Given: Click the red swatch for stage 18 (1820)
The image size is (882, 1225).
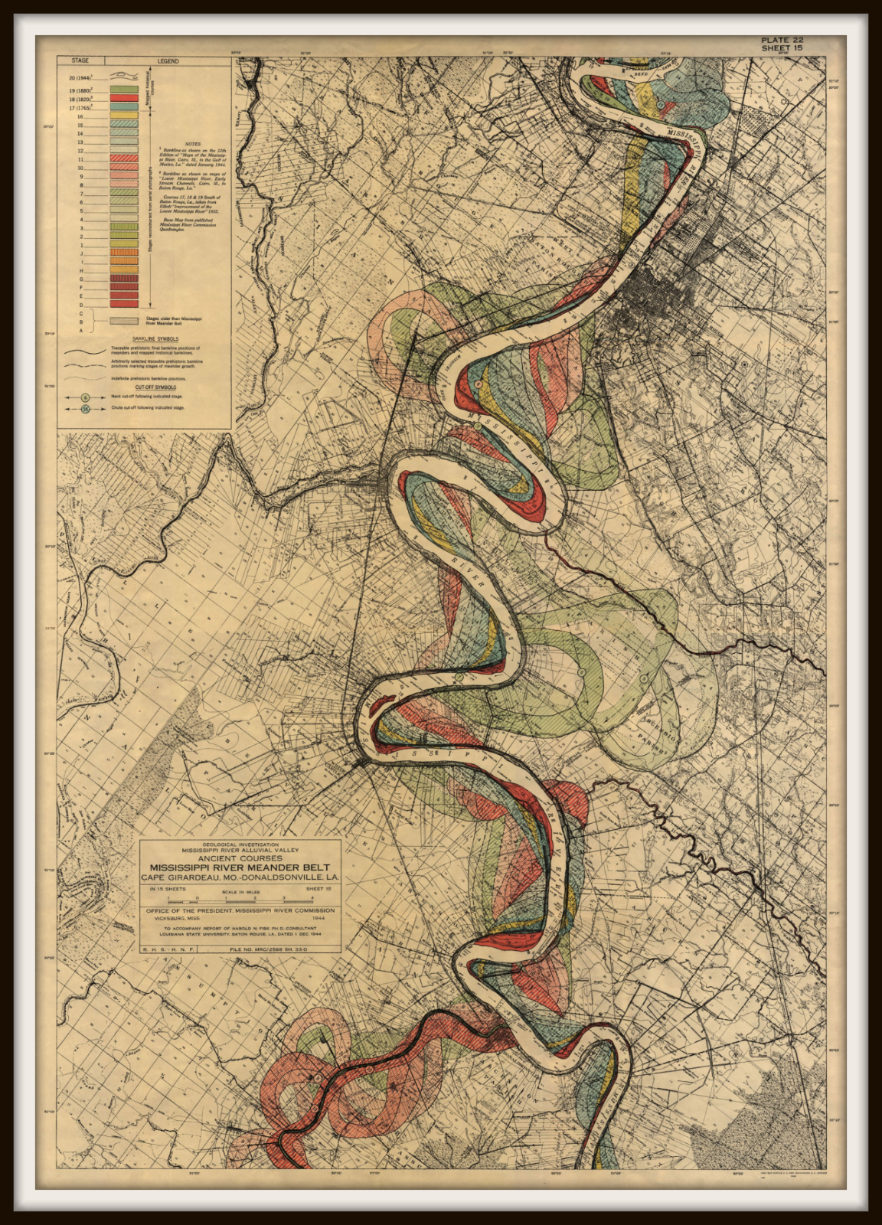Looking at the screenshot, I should coord(124,98).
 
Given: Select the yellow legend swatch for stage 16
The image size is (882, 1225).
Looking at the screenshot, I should coord(124,116).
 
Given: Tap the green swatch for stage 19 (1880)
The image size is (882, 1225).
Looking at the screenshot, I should coord(124,90).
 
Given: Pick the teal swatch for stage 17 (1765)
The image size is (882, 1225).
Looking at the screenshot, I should coord(124,107).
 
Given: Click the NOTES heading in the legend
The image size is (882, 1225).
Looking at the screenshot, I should coord(193,144).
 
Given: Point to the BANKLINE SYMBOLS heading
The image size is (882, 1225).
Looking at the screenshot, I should coord(155,338).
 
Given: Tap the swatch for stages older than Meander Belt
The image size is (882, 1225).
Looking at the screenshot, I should coord(124,321).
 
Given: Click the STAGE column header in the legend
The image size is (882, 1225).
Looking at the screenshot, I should coord(80,60).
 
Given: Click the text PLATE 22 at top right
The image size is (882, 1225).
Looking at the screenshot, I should coord(782,40).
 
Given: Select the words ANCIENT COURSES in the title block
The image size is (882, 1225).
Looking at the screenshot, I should coord(240,858).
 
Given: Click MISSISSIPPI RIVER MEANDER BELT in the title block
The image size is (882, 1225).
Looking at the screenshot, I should coord(240,867).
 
